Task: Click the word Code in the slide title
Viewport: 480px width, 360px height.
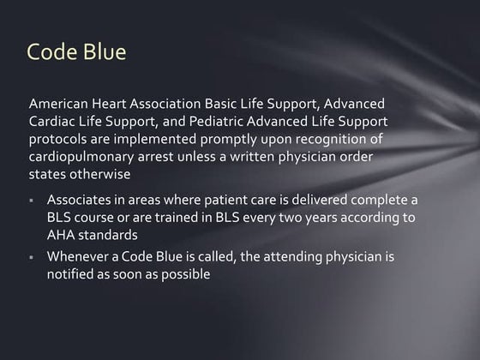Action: pyautogui.click(x=52, y=52)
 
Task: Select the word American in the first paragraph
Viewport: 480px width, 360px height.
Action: pyautogui.click(x=59, y=104)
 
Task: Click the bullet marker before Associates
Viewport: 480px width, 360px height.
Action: pyautogui.click(x=32, y=201)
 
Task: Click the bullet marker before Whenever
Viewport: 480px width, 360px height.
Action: pyautogui.click(x=32, y=257)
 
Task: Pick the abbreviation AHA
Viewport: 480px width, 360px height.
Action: pyautogui.click(x=62, y=234)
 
